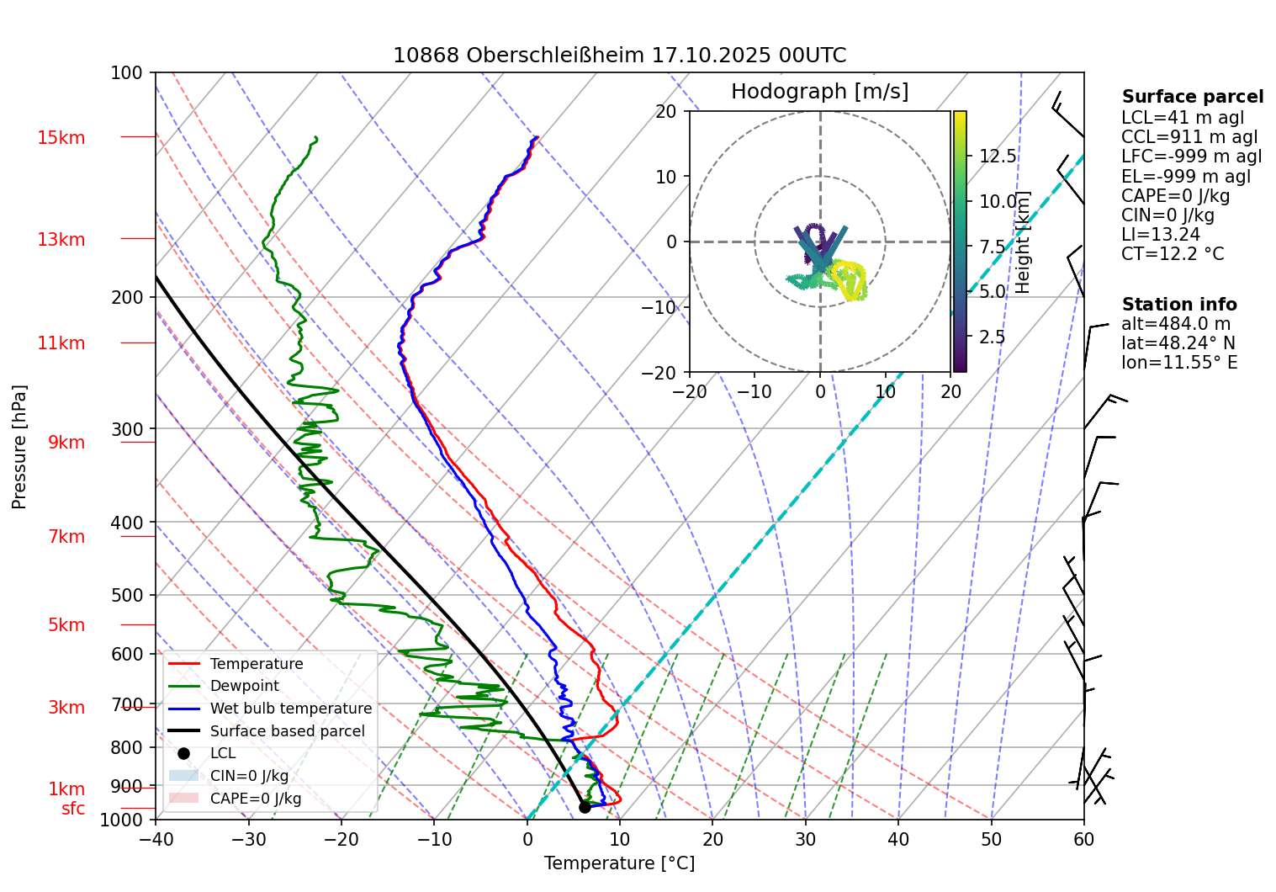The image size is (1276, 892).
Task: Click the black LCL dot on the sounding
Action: (x=585, y=807)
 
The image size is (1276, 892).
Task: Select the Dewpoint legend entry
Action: (x=244, y=686)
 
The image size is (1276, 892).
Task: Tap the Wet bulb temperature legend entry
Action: (x=290, y=709)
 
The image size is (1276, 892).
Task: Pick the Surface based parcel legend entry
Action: (x=287, y=731)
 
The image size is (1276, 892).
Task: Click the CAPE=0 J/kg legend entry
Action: (x=255, y=799)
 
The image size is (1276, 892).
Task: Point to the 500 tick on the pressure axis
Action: (x=127, y=596)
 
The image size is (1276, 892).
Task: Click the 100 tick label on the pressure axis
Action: (x=127, y=73)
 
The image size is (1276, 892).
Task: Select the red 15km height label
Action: (x=61, y=138)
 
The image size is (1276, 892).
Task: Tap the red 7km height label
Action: (x=66, y=537)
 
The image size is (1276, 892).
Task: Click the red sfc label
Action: (x=73, y=809)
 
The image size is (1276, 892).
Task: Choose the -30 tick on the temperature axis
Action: (x=248, y=839)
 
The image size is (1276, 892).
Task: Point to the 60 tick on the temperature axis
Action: (x=1083, y=839)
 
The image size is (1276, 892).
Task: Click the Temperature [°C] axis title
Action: (x=619, y=863)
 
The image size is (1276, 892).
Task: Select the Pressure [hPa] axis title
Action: (x=19, y=447)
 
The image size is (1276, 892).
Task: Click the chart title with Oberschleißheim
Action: (x=619, y=56)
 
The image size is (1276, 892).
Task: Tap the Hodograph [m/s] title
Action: (x=819, y=92)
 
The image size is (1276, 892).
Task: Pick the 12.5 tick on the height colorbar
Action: (x=998, y=157)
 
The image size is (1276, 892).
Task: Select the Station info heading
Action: (x=1179, y=305)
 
